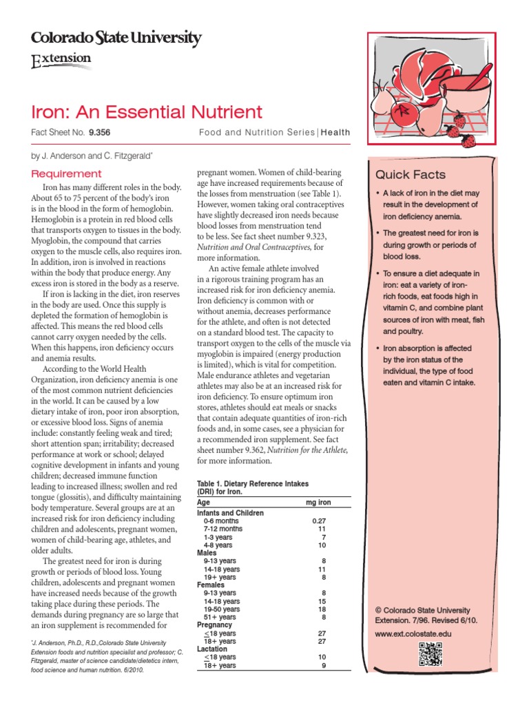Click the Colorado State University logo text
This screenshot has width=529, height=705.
coord(116,39)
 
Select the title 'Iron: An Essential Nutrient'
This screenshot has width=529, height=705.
coord(147,112)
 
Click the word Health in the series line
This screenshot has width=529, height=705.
coord(335,132)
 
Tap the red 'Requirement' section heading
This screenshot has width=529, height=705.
coord(66,173)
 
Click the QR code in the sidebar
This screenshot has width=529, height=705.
coord(429,655)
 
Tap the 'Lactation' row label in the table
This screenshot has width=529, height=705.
coord(212,649)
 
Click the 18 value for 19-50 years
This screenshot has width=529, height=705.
coord(321,609)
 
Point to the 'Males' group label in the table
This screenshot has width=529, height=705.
coord(207,552)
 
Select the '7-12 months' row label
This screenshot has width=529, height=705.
coord(224,529)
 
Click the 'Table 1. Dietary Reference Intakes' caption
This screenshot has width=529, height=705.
coord(253,484)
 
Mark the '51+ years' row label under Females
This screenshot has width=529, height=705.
coord(220,617)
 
